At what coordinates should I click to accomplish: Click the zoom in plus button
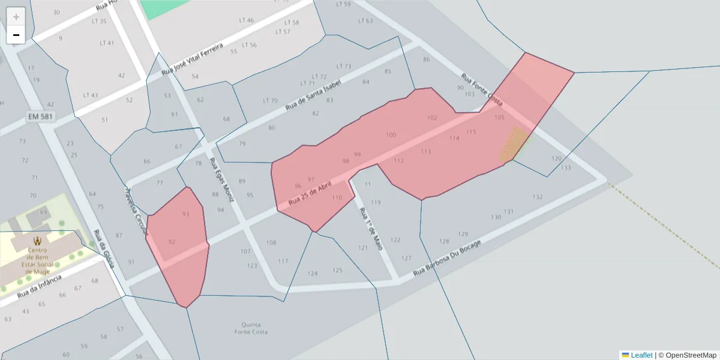pyautogui.click(x=16, y=17)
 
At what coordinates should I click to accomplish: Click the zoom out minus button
pyautogui.click(x=16, y=35)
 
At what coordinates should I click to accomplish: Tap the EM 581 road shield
pyautogui.click(x=41, y=116)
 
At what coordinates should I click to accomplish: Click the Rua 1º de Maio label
pyautogui.click(x=370, y=229)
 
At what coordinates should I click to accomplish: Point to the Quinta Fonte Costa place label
pyautogui.click(x=251, y=328)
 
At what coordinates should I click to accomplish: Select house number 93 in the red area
pyautogui.click(x=185, y=214)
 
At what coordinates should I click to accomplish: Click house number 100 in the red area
pyautogui.click(x=391, y=136)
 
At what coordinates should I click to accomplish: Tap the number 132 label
pyautogui.click(x=538, y=197)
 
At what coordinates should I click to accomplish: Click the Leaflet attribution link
pyautogui.click(x=641, y=355)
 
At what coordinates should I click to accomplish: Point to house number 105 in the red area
pyautogui.click(x=499, y=118)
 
